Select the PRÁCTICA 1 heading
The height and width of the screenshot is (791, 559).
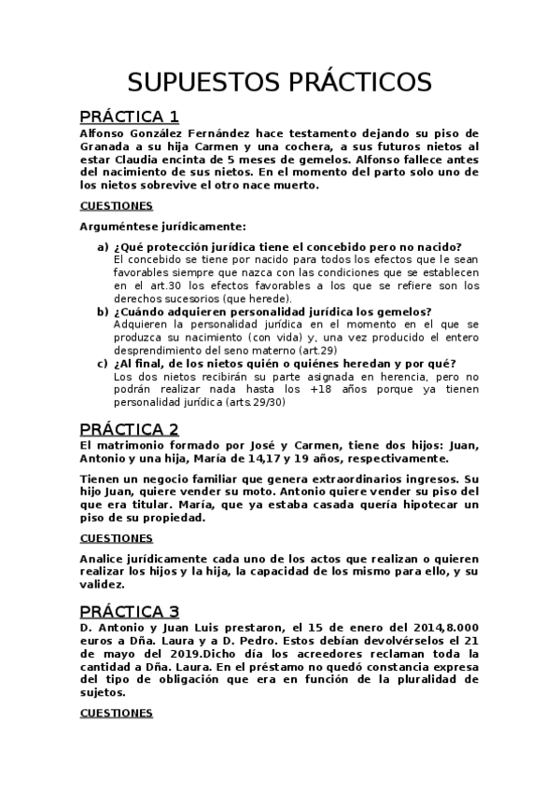(129, 117)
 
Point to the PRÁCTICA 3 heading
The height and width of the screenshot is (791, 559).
(129, 612)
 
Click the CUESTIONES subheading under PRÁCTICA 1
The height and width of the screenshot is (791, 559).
(116, 205)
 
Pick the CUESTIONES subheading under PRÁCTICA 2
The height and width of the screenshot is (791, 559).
(116, 538)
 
